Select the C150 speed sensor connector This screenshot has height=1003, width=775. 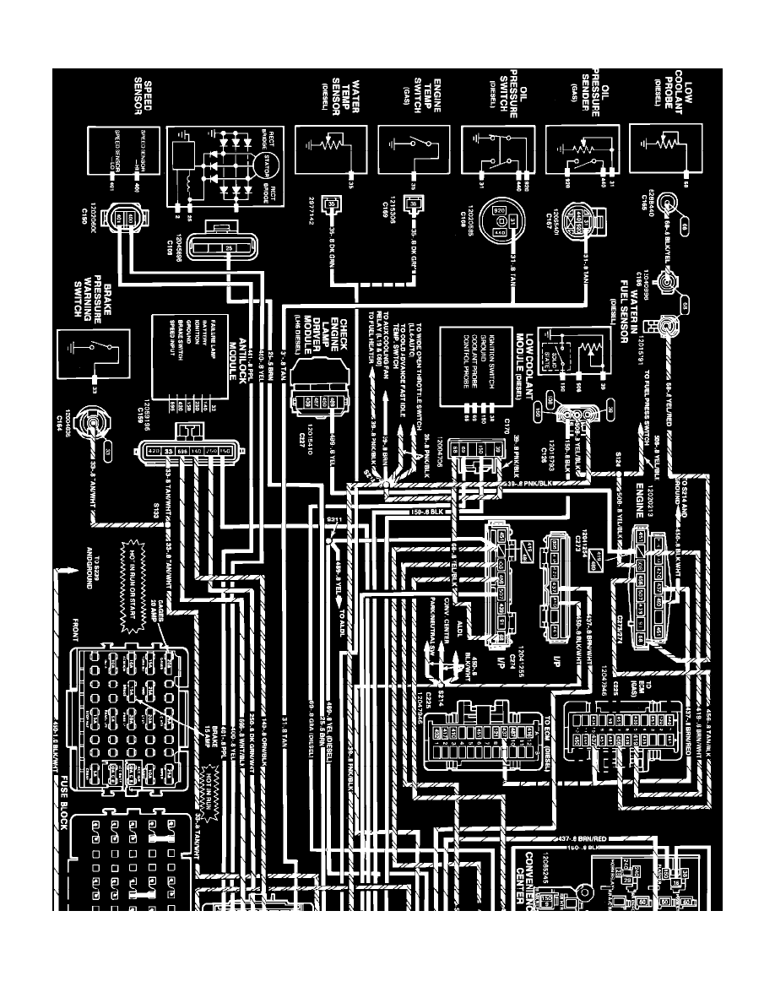click(x=120, y=219)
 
